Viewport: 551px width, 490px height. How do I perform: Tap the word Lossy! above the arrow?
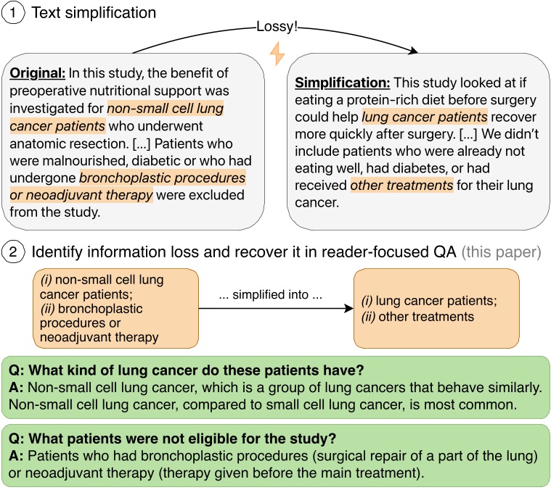tap(277, 28)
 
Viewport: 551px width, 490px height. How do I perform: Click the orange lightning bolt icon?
tap(277, 53)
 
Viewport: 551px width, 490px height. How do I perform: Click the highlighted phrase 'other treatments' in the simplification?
tap(401, 186)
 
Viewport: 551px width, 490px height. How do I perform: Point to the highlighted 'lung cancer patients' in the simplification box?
tap(424, 116)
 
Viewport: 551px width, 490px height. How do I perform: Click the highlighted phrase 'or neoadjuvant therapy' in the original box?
tap(81, 194)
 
